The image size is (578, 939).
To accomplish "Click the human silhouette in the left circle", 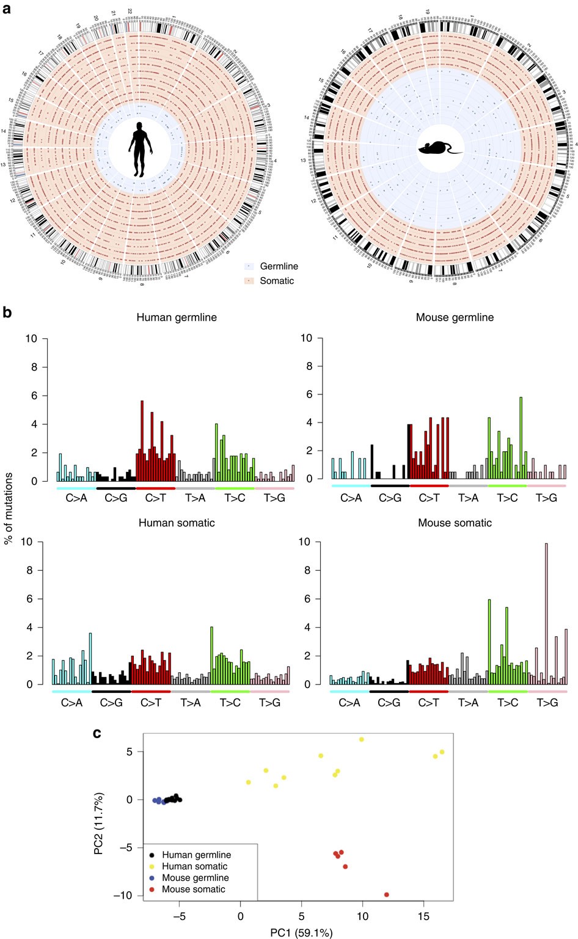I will (x=141, y=149).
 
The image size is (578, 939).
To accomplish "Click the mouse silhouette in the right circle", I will (x=440, y=148).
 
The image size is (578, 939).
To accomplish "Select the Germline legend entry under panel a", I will (x=279, y=266).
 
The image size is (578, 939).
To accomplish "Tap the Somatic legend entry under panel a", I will (x=276, y=281).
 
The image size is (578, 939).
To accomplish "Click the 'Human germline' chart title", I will (x=177, y=317).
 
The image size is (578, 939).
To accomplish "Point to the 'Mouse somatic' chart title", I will (x=455, y=523).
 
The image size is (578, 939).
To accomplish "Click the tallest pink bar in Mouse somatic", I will (x=546, y=613).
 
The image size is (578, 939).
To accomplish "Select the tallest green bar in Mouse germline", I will (x=521, y=438).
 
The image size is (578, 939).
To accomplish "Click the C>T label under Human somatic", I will (x=151, y=703).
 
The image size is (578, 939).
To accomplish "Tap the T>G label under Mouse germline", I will (x=546, y=498).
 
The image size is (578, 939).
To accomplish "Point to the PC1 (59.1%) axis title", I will (x=302, y=933).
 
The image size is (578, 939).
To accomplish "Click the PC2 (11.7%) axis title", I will (x=99, y=823).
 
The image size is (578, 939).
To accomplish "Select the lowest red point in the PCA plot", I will (x=386, y=894).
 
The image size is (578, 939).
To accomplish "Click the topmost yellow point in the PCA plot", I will (x=361, y=739).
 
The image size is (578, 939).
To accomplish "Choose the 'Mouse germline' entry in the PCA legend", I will (x=195, y=878).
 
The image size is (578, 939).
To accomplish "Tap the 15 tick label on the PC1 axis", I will (x=423, y=917).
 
